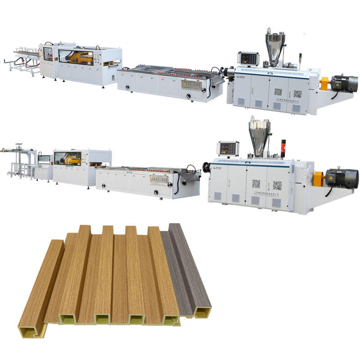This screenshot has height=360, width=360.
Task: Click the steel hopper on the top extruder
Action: [275, 45]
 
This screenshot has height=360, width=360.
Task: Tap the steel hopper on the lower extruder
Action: [260, 135]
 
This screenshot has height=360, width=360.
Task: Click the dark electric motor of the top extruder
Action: [343, 83]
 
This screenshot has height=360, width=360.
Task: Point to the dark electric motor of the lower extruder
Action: [342, 178]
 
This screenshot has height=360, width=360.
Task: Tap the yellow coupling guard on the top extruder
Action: [324, 83]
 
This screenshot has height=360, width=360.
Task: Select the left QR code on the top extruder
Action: [278, 92]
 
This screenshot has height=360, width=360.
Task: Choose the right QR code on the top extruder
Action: [297, 94]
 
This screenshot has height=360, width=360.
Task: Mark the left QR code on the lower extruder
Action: [256, 183]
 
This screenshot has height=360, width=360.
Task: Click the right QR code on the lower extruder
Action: [277, 185]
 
